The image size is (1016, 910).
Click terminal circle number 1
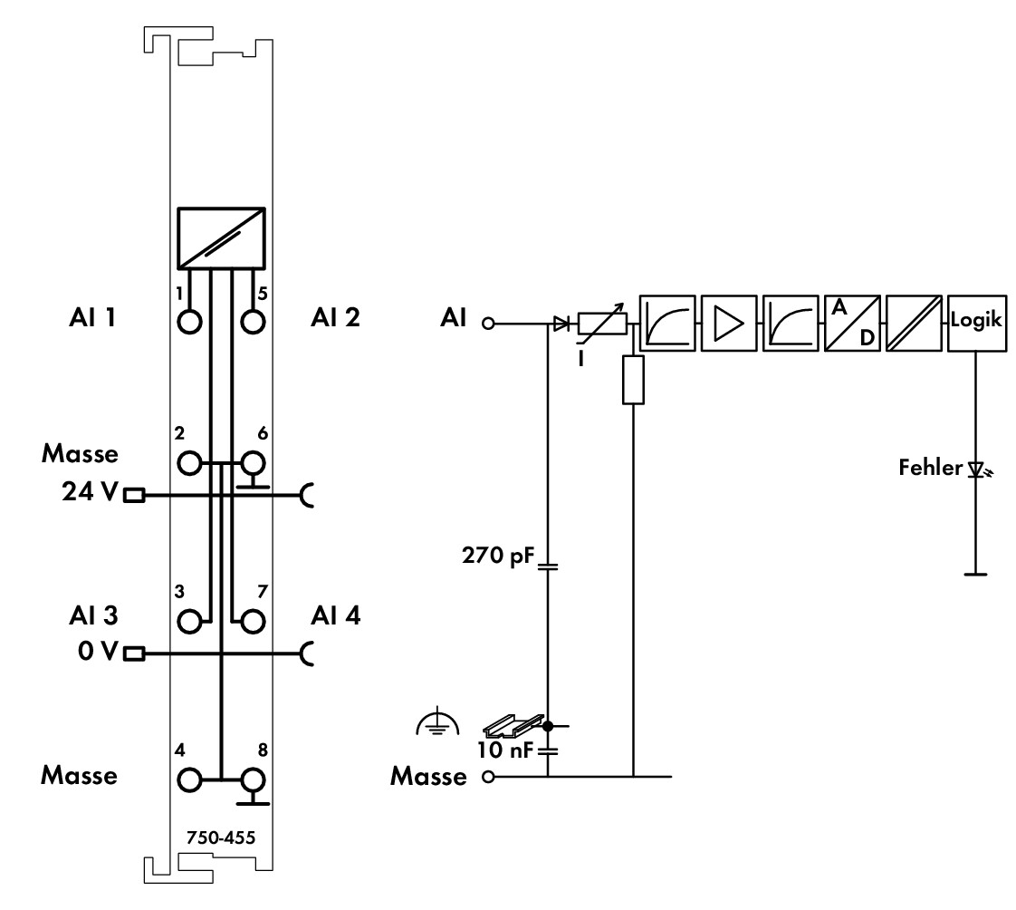click(188, 322)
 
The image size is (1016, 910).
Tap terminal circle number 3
click(188, 622)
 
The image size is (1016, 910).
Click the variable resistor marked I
click(602, 323)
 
